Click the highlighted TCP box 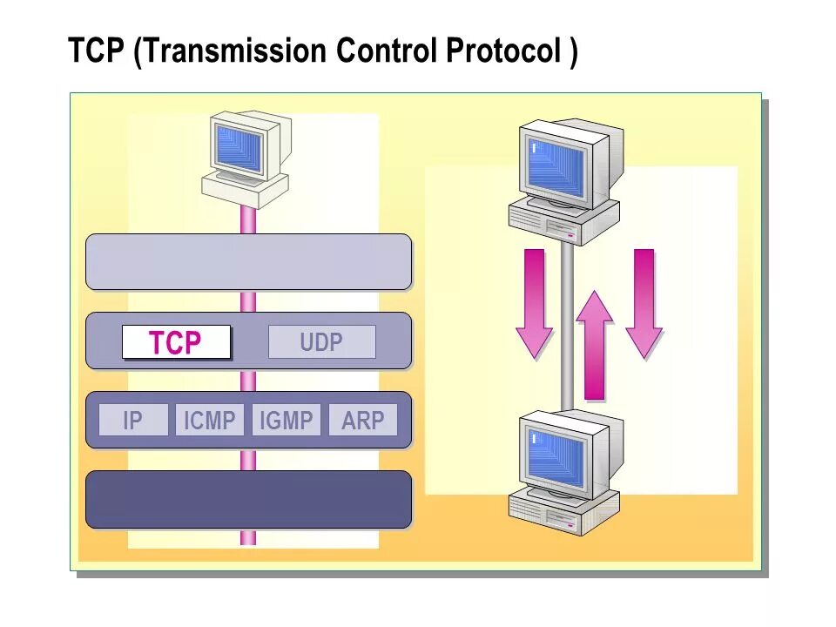(176, 342)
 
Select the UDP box (321, 342)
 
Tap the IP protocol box (132, 421)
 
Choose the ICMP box (210, 421)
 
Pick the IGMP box (287, 421)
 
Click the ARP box (362, 421)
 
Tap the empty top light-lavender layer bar (248, 261)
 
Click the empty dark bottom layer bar (248, 499)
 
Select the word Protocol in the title (502, 51)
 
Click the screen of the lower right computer (556, 457)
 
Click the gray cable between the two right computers (567, 331)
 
